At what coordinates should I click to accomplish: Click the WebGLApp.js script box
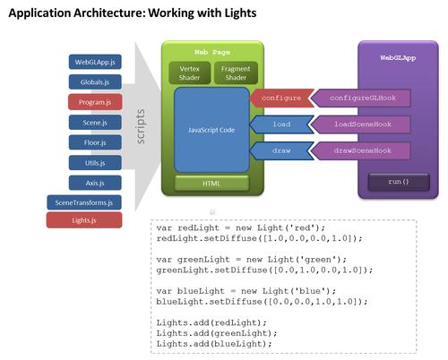pos(95,62)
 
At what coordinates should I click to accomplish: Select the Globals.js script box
pos(95,82)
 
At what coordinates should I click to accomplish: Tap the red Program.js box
pos(95,102)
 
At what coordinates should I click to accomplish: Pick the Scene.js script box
pos(95,123)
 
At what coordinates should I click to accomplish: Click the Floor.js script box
pos(95,142)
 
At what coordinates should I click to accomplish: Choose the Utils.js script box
pos(95,163)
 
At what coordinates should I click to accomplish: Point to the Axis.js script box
pos(95,183)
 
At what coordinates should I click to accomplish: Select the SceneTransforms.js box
pos(84,202)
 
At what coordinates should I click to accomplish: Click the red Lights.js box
pos(84,220)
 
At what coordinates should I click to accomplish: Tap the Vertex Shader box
pos(190,73)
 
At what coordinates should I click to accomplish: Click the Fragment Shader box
pos(236,73)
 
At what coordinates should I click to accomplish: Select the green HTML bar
pos(211,184)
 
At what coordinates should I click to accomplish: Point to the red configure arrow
pos(281,98)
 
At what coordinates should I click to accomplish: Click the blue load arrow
pos(281,124)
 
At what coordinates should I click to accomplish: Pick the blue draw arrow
pos(281,150)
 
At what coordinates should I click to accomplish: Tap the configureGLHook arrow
pos(361,98)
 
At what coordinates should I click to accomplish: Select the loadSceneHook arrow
pos(361,124)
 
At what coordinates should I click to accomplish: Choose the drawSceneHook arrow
pos(361,150)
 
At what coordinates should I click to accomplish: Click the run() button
pos(399,182)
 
